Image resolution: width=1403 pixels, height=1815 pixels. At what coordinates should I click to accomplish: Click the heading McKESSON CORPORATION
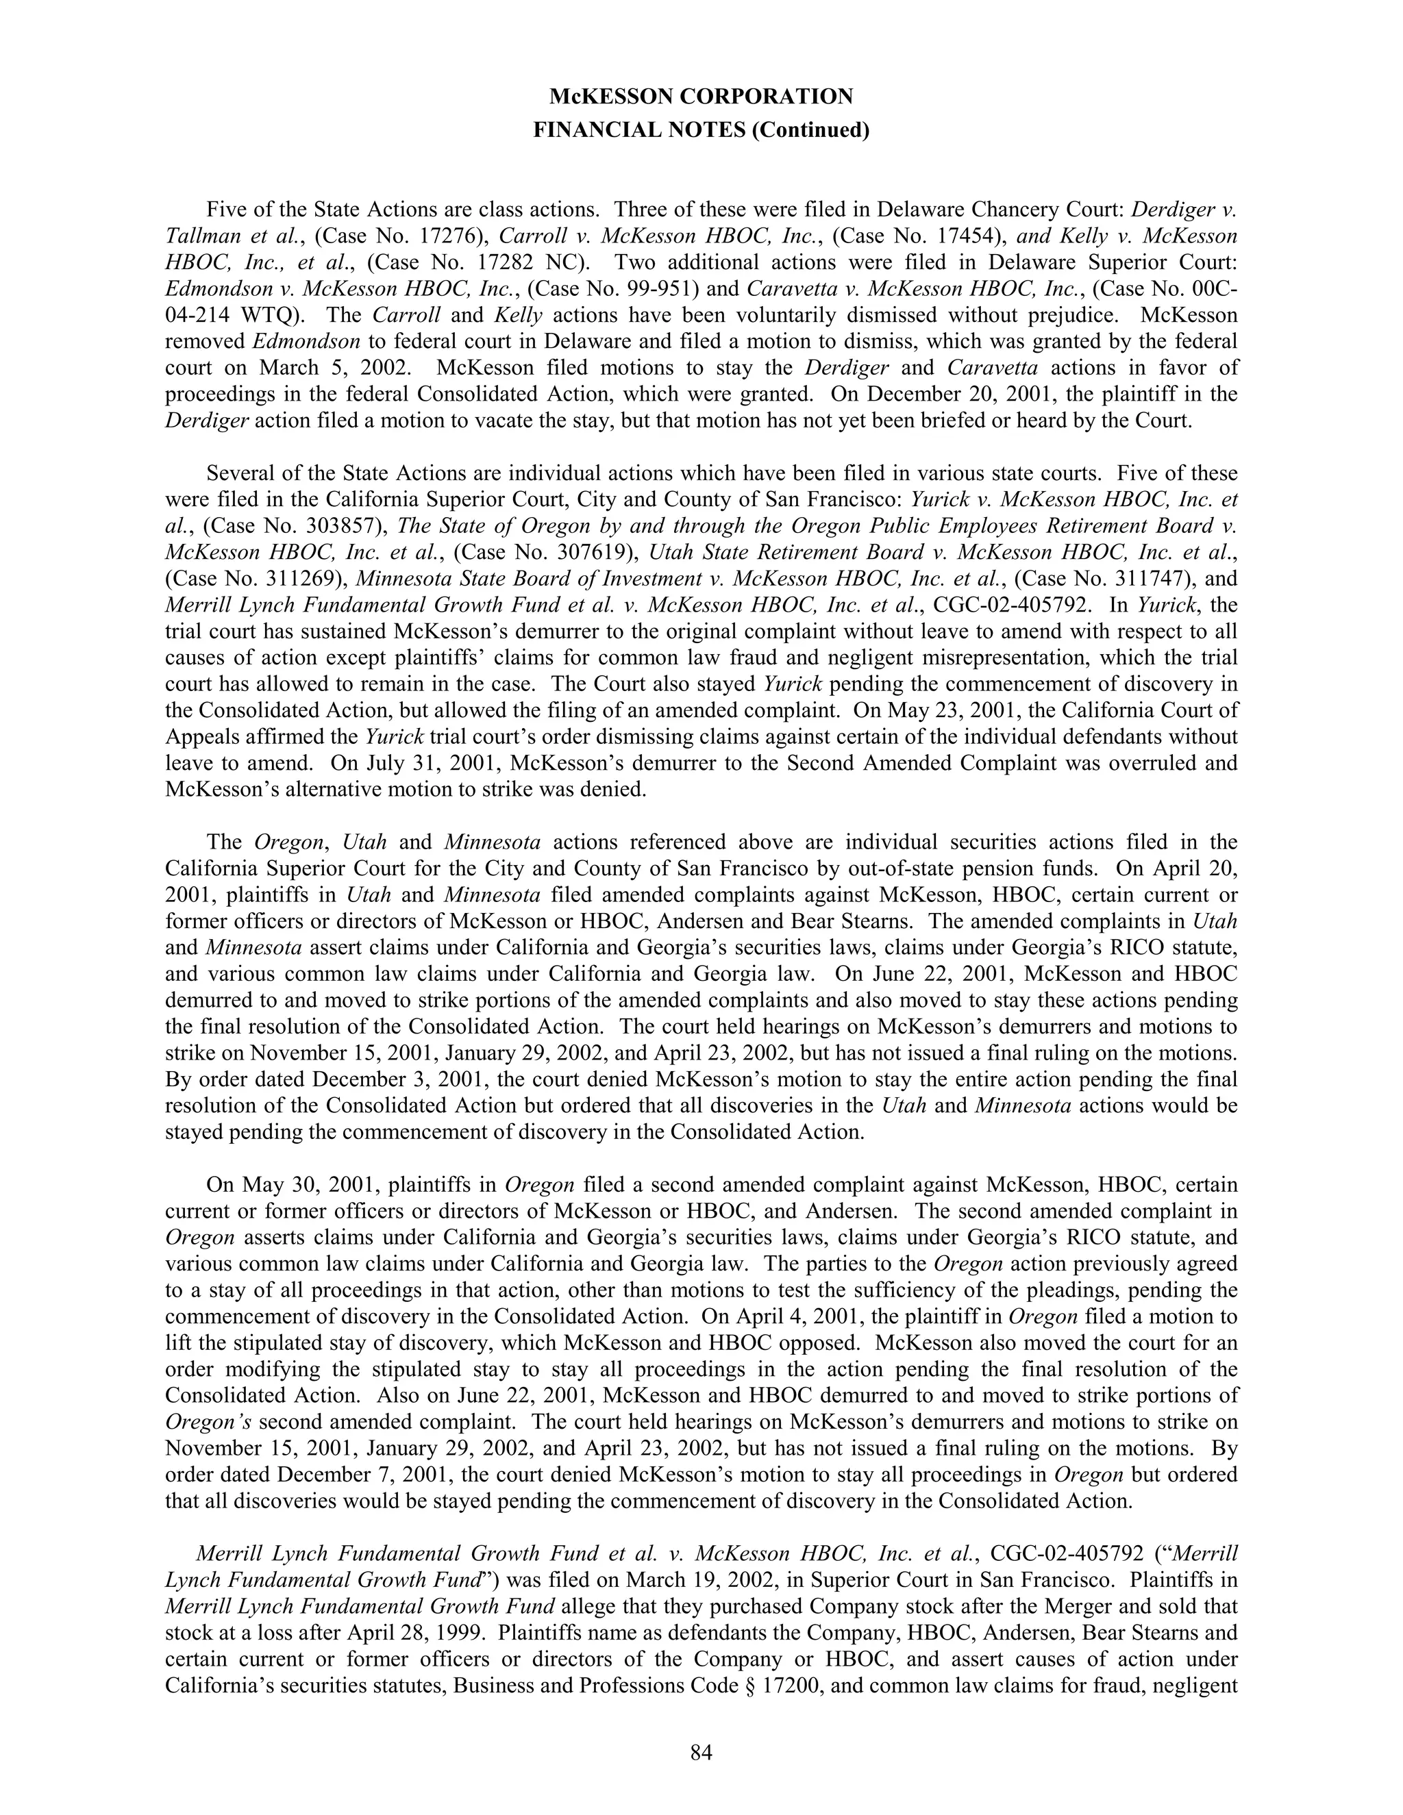701,97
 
